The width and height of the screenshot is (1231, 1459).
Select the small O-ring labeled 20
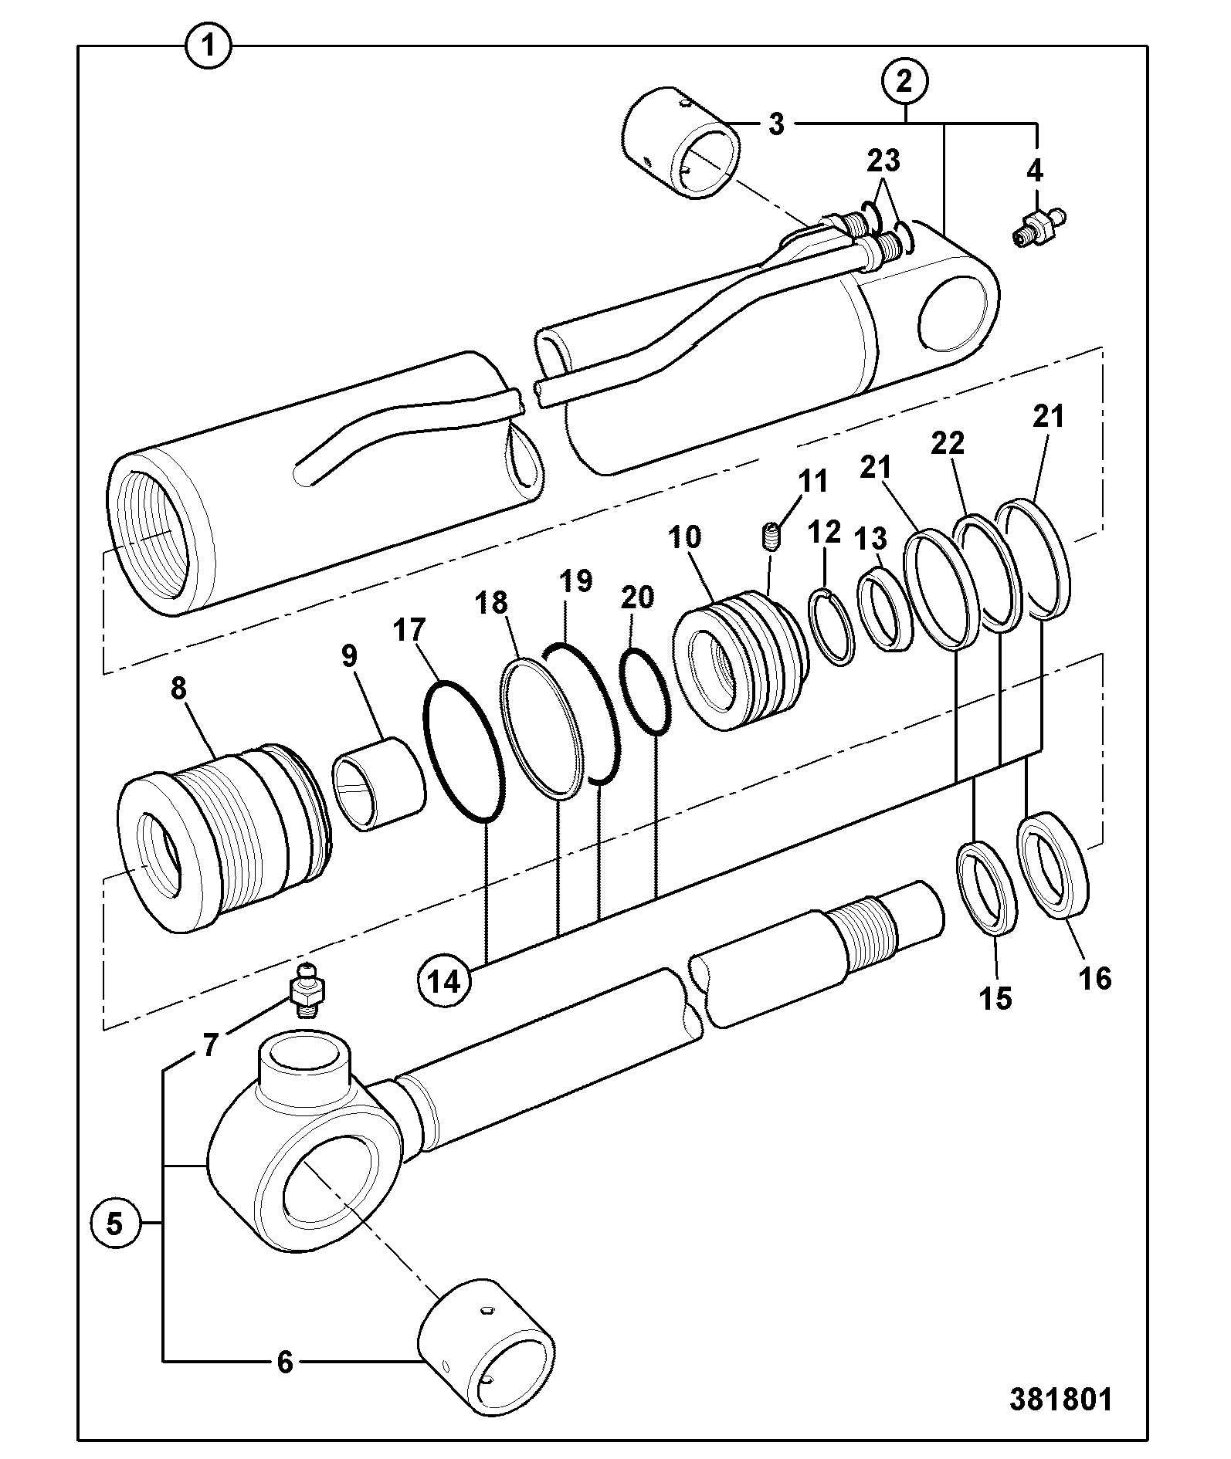[647, 692]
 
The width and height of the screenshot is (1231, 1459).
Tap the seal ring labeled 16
[1053, 865]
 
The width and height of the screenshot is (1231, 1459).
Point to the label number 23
[883, 161]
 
